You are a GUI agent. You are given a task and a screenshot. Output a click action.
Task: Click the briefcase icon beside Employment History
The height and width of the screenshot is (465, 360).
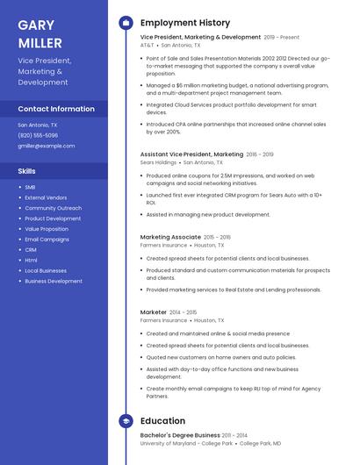tap(126, 23)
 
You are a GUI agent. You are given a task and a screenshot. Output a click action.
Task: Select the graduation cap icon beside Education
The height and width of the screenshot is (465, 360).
tap(126, 421)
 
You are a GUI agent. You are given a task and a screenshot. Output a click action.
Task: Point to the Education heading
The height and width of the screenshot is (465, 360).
tap(162, 421)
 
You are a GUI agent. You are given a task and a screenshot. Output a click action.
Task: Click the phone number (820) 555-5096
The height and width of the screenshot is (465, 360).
tap(38, 135)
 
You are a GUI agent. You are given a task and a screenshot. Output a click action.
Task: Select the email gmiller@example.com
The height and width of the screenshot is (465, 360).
tap(46, 146)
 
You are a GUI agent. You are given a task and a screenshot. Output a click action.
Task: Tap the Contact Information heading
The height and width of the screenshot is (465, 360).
tap(56, 109)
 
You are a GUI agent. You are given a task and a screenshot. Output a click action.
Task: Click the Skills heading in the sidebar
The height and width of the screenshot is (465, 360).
tap(27, 171)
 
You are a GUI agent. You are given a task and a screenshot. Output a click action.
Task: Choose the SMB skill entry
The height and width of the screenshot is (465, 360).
tap(30, 187)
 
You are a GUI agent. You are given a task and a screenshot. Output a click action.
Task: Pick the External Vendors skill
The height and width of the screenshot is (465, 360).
tap(46, 197)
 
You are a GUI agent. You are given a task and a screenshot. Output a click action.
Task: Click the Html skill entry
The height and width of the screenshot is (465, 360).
tap(31, 261)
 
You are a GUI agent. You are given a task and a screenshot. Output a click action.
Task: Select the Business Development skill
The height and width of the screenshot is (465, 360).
tap(54, 282)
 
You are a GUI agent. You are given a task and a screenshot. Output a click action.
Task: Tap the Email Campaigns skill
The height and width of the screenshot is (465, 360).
tap(47, 240)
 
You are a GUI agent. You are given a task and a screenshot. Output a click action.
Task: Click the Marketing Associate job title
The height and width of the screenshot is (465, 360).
tap(170, 237)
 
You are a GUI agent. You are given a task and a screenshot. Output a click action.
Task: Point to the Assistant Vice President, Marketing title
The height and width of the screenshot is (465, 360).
tap(191, 154)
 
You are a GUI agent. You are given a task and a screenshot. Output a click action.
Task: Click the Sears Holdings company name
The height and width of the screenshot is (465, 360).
tap(159, 162)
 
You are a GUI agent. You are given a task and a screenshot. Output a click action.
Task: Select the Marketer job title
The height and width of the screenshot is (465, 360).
tap(154, 311)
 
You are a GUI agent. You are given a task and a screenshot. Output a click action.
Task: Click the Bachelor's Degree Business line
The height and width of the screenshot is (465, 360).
tap(180, 435)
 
